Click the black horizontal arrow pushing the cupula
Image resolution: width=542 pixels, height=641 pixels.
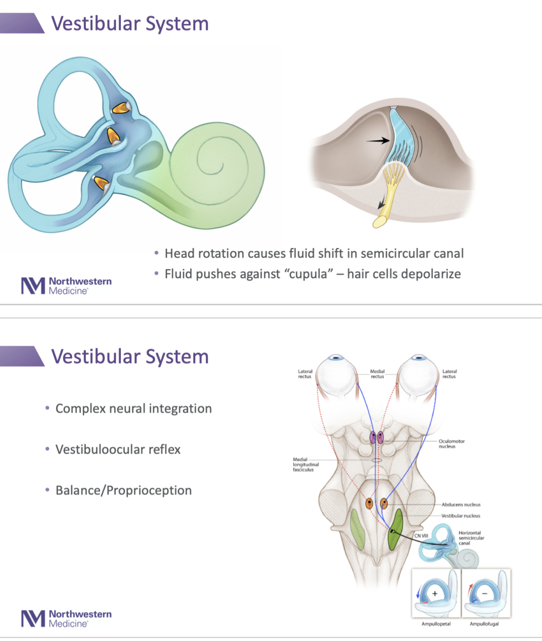378,140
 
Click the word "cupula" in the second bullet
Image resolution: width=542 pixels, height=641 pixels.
309,274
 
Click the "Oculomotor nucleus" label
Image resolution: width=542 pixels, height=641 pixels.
451,444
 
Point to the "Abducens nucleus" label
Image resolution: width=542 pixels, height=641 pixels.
461,505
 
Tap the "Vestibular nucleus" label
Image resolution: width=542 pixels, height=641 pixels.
461,516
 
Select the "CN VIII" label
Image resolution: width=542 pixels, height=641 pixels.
421,536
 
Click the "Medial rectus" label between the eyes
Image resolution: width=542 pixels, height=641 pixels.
378,374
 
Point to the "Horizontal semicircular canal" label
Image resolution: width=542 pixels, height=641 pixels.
471,538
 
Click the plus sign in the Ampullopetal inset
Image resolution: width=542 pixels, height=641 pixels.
435,593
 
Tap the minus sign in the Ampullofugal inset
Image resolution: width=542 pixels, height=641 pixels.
484,593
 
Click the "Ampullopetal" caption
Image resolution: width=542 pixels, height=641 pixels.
436,624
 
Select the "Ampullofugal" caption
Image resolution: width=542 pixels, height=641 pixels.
484,624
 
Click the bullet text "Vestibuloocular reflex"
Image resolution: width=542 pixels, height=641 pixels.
118,450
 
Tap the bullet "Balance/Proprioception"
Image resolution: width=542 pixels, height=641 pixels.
123,490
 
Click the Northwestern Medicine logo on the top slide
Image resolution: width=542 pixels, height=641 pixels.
66,286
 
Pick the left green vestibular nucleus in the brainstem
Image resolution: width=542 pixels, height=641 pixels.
358,530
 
